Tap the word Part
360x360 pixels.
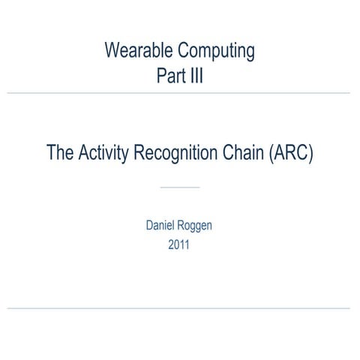[169, 75]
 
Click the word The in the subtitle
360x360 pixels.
[61, 154]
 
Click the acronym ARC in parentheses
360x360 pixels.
[289, 154]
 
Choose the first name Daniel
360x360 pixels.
[162, 225]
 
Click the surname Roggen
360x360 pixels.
[197, 226]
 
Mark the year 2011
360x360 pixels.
[180, 244]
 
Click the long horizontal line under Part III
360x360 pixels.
[180, 93]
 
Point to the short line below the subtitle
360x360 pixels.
[180, 187]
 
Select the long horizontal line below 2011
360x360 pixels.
[180, 308]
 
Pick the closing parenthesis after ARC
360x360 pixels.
[309, 154]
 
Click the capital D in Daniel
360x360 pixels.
[149, 225]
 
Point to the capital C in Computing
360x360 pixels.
[183, 52]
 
